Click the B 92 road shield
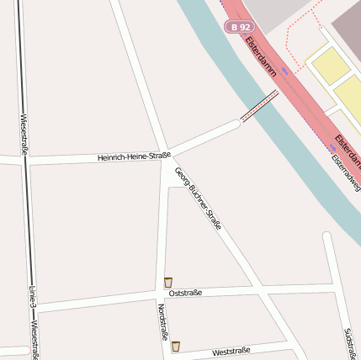pyautogui.click(x=240, y=27)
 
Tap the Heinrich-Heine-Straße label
pyautogui.click(x=134, y=156)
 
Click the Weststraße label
pyautogui.click(x=231, y=351)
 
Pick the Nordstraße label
pyautogui.click(x=161, y=322)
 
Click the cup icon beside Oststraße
pyautogui.click(x=168, y=283)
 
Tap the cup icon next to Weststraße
pyautogui.click(x=175, y=346)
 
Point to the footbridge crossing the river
pyautogui.click(x=259, y=108)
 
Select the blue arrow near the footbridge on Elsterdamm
pyautogui.click(x=286, y=71)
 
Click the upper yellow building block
pyautogui.click(x=331, y=65)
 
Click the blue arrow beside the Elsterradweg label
pyautogui.click(x=332, y=146)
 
